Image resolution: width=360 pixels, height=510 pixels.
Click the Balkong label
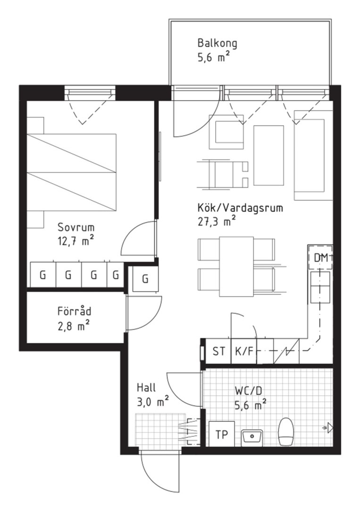(217, 43)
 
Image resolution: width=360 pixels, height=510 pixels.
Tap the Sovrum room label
(76, 226)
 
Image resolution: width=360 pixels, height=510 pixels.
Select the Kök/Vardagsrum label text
(240, 207)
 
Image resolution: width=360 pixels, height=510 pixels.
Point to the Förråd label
(75, 311)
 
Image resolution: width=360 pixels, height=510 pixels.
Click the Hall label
(146, 387)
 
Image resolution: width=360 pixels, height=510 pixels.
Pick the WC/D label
(248, 391)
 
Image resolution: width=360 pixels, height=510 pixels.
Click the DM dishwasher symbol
(320, 257)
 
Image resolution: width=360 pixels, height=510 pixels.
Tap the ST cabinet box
(218, 351)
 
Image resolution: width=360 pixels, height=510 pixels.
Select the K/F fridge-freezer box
(243, 351)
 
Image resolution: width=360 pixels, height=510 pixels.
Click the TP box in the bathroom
(222, 434)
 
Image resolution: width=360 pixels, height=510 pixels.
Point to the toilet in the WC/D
(286, 432)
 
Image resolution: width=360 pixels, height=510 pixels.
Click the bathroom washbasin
(252, 436)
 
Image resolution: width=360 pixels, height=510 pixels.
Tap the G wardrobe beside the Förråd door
(145, 279)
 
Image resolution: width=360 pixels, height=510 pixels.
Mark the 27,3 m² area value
(217, 221)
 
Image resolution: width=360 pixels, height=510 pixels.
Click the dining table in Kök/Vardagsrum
(236, 266)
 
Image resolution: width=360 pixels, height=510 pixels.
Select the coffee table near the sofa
(269, 155)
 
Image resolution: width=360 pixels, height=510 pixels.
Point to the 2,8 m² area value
(74, 325)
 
